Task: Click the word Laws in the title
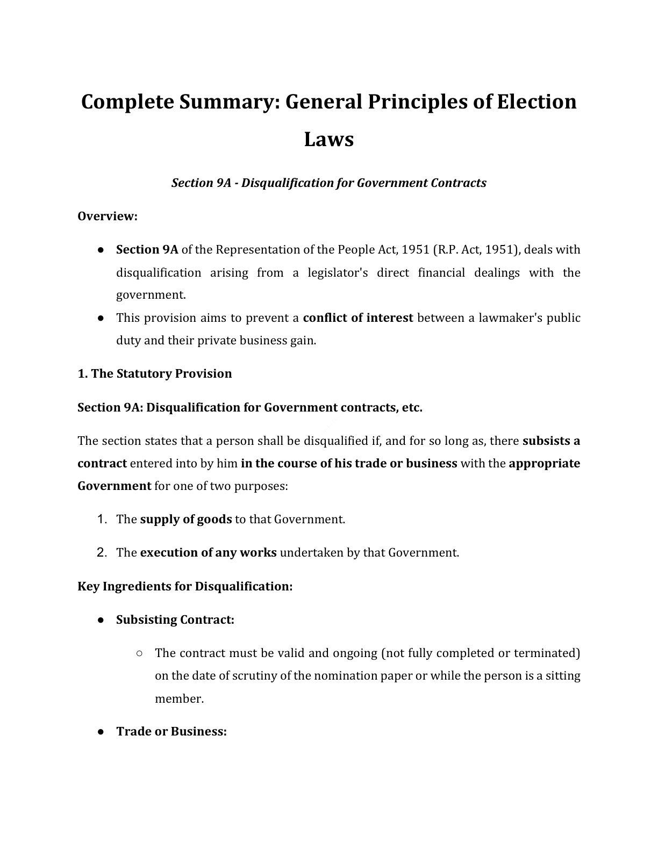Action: click(328, 139)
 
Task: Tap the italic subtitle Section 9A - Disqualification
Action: click(328, 183)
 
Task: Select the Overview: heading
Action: click(108, 216)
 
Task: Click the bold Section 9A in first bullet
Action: click(147, 250)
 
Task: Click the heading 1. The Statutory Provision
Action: click(155, 373)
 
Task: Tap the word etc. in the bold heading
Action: click(411, 407)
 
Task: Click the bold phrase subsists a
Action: click(551, 441)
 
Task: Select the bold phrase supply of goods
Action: click(186, 520)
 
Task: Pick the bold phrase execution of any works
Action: click(208, 553)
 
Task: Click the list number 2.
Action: click(102, 552)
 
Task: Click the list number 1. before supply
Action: click(102, 519)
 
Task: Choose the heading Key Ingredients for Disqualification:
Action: click(185, 586)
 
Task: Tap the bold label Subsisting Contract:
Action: click(175, 619)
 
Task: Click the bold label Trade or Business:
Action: click(171, 732)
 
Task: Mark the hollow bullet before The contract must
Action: click(139, 653)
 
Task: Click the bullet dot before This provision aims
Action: click(101, 318)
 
